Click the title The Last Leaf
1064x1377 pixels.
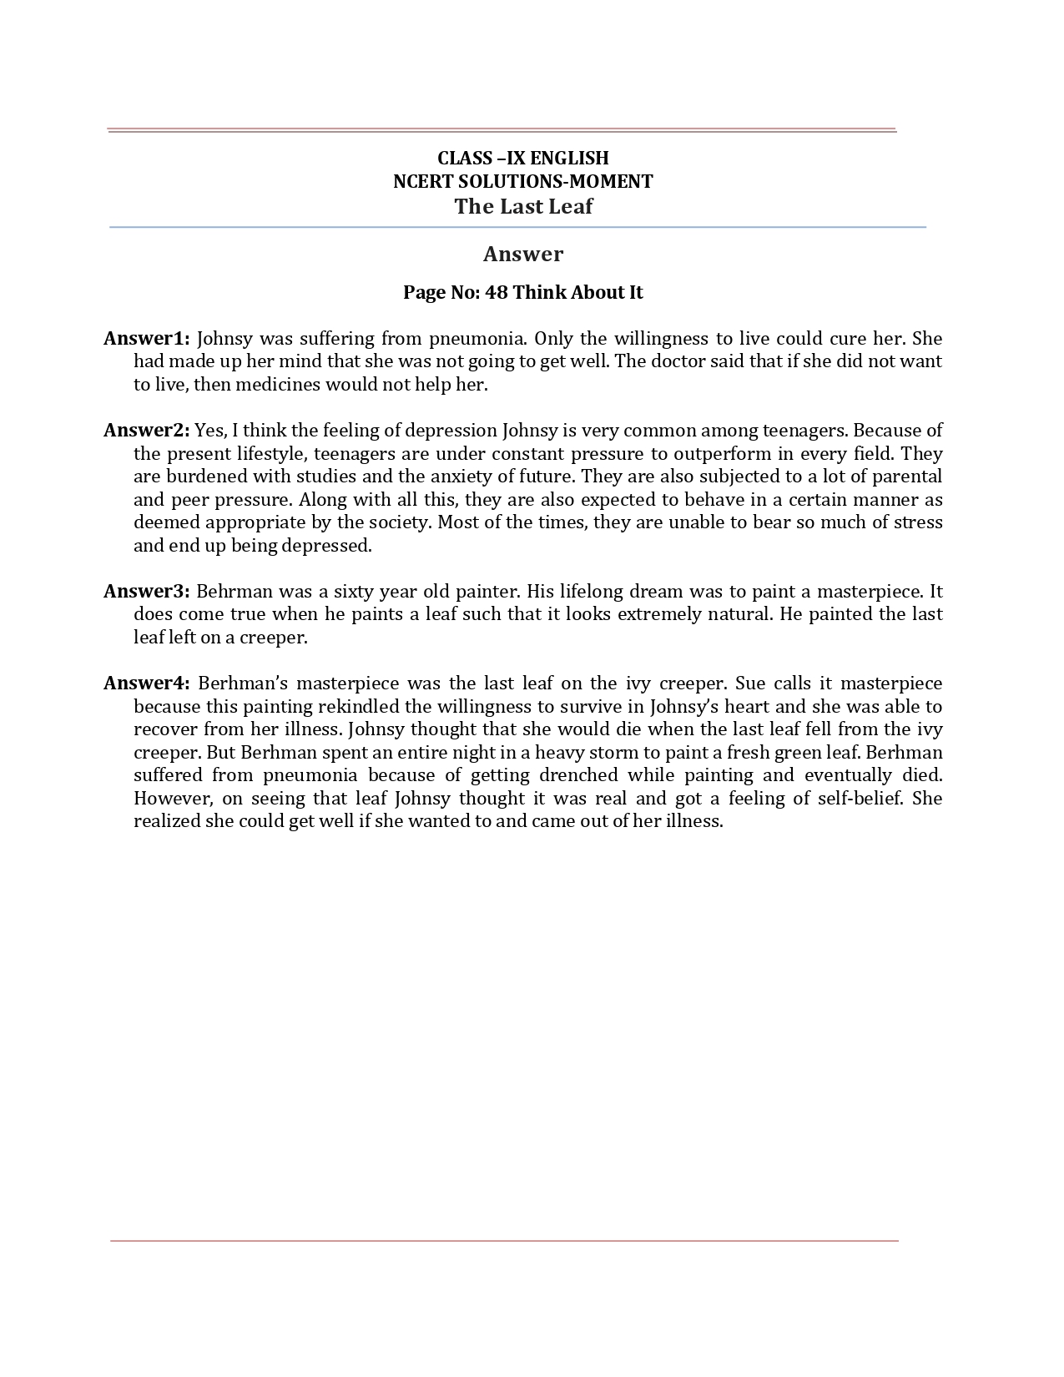(x=523, y=207)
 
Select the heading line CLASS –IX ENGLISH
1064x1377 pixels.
(x=523, y=158)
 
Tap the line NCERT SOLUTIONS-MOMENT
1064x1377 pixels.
(x=523, y=181)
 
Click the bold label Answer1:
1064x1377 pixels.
(x=147, y=339)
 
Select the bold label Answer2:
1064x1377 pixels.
(x=147, y=431)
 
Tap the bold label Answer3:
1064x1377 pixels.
(x=147, y=592)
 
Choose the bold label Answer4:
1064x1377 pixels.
(x=147, y=683)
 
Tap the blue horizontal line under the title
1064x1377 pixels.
(x=517, y=227)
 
